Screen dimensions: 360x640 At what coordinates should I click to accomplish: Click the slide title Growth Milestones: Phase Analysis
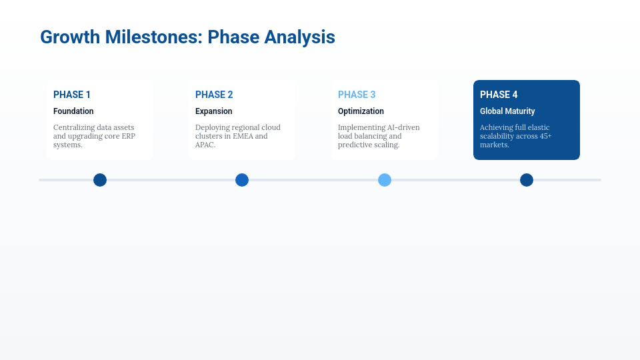coord(187,37)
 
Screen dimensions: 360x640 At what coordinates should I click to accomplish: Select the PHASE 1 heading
coord(72,95)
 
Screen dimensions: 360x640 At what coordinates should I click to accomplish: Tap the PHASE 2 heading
coord(214,95)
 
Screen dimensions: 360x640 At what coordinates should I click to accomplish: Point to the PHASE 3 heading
coord(357,95)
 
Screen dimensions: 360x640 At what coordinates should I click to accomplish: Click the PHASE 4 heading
coord(499,95)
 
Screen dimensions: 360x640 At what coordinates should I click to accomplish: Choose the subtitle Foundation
coord(73,111)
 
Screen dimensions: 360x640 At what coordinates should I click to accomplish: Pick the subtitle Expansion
coord(214,111)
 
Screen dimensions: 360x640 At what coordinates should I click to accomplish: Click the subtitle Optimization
coord(361,111)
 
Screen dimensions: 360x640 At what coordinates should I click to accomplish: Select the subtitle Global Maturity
coord(507,111)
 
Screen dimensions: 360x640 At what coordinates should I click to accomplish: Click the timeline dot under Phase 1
coord(100,180)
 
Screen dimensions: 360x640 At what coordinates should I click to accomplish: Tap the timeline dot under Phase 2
coord(242,180)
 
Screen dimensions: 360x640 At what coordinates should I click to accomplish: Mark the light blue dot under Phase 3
coord(385,180)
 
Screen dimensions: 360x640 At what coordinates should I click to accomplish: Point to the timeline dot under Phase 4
coord(527,180)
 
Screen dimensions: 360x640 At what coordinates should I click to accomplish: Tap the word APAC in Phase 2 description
coord(205,145)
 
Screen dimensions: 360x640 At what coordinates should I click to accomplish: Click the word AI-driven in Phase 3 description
coord(403,127)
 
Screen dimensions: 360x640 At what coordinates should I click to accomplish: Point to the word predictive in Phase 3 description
coord(357,145)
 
